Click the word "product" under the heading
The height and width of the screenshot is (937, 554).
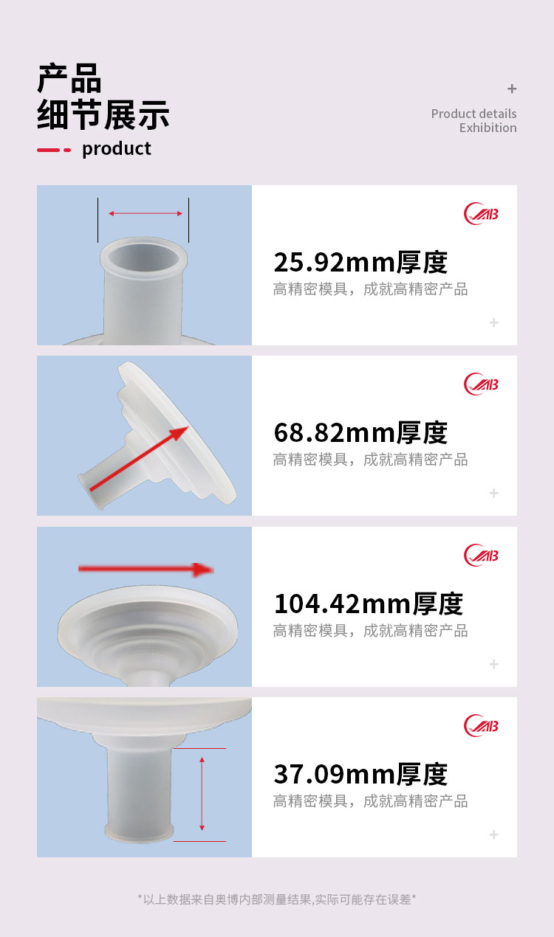117,149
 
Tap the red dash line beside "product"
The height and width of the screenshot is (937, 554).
54,150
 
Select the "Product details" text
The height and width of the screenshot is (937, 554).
473,114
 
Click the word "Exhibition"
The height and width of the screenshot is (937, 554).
488,128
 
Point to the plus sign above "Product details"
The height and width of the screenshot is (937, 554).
512,89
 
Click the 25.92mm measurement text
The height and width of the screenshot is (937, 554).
360,262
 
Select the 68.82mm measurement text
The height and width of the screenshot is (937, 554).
360,432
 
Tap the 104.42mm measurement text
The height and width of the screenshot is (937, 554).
369,604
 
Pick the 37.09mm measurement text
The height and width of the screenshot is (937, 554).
360,774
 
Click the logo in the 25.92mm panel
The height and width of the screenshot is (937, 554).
481,214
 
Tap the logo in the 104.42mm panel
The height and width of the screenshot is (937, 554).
481,555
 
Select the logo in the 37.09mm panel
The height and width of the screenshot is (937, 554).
481,726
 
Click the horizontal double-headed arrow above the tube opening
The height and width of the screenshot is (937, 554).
146,213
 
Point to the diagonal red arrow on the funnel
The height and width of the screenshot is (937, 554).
139,458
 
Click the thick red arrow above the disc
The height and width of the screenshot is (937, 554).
146,570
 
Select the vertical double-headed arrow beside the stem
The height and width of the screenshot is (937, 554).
202,794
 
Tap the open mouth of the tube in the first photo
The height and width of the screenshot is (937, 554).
144,256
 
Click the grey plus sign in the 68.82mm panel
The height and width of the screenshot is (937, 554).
494,493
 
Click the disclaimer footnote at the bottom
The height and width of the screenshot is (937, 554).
277,899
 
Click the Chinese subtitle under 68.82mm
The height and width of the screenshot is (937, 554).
371,460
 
